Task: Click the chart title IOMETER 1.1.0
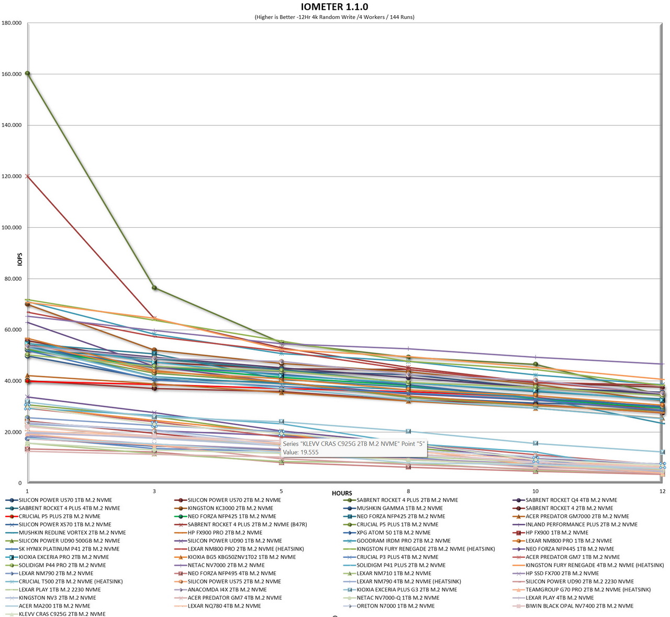pos(334,7)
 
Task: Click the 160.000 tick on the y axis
pos(12,74)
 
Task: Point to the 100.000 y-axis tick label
pos(12,228)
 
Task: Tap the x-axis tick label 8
pos(408,491)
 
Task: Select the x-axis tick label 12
pos(662,491)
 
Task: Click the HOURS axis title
pos(342,493)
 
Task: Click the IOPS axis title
pos(20,259)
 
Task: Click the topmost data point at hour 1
pos(27,73)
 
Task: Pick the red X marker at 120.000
pos(27,177)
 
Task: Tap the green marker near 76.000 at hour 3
pos(154,288)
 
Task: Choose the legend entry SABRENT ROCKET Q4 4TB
pos(571,500)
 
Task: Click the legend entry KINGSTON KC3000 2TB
pos(230,508)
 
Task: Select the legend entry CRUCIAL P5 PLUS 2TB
pos(59,516)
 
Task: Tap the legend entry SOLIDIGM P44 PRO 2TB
pos(62,565)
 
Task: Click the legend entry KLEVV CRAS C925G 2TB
pos(62,614)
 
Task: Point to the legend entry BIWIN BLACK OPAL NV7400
pos(579,606)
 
